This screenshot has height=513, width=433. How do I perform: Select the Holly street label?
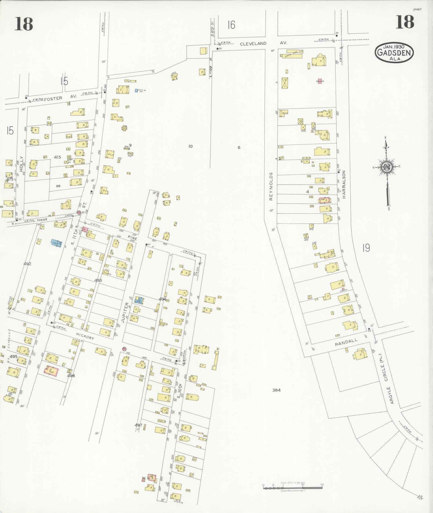[21, 164]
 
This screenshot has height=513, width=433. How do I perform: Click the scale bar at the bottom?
[292, 486]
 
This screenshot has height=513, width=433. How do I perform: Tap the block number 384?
[276, 390]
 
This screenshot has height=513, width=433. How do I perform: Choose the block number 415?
[57, 157]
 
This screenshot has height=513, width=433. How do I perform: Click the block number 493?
[98, 280]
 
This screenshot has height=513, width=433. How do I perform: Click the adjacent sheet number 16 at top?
[231, 25]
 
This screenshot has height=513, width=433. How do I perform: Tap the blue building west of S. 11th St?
[57, 243]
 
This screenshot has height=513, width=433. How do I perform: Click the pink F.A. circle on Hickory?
[124, 349]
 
